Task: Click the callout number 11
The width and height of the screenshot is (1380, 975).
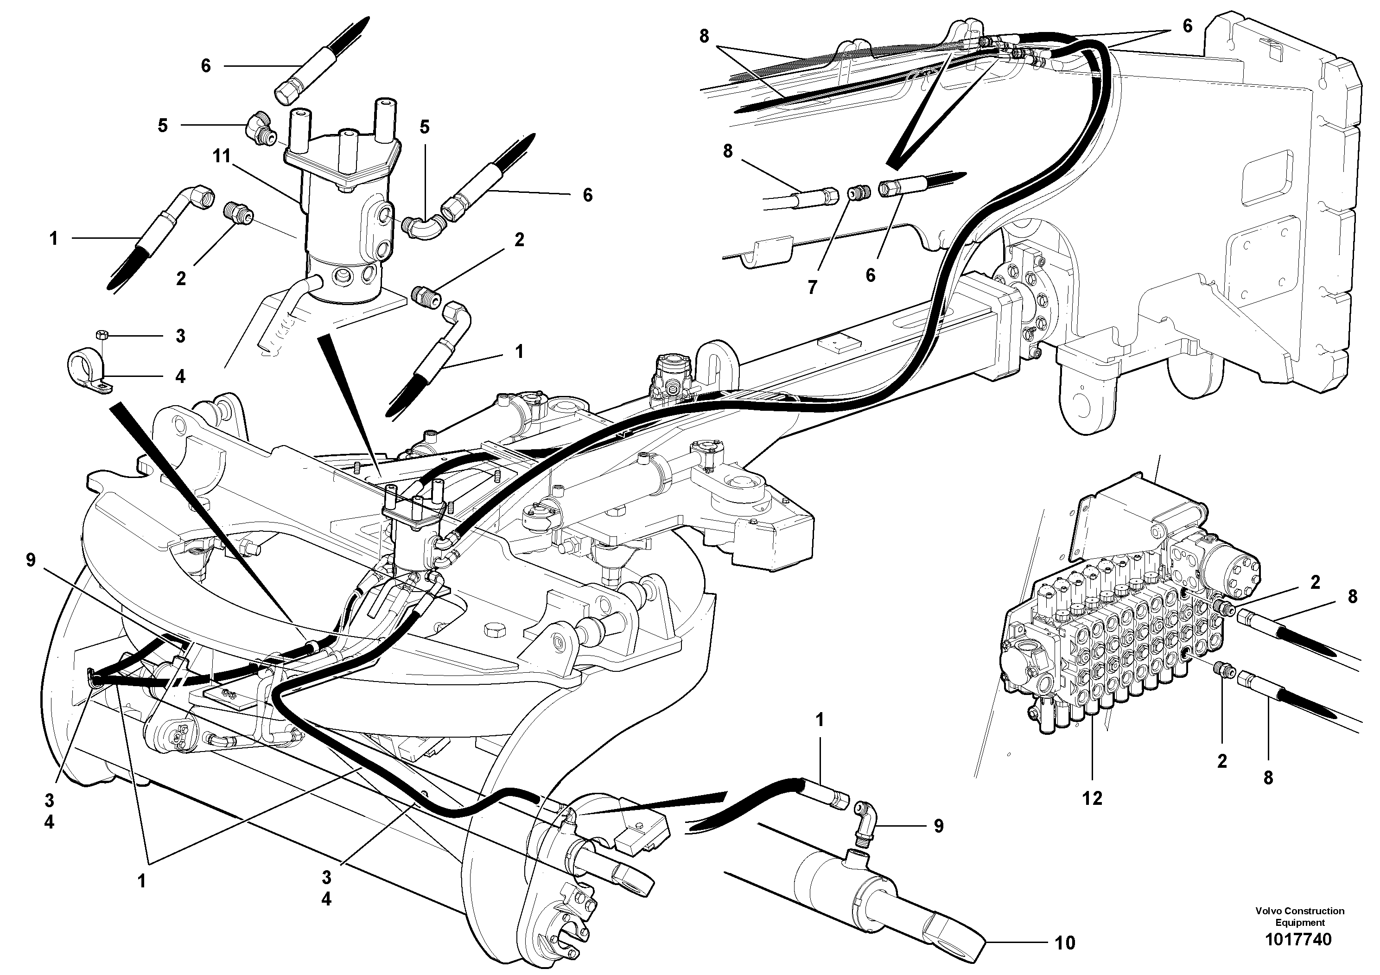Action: point(222,157)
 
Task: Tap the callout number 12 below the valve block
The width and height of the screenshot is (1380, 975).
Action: point(1092,798)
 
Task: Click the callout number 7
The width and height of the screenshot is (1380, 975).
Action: point(813,287)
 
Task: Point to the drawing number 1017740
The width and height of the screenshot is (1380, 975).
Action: point(1299,939)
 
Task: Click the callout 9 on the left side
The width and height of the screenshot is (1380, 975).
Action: point(31,560)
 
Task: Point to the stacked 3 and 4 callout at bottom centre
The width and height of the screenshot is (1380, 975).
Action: point(326,888)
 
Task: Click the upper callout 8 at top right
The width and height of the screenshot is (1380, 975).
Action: point(705,36)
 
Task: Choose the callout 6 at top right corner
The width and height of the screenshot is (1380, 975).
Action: point(1187,26)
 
